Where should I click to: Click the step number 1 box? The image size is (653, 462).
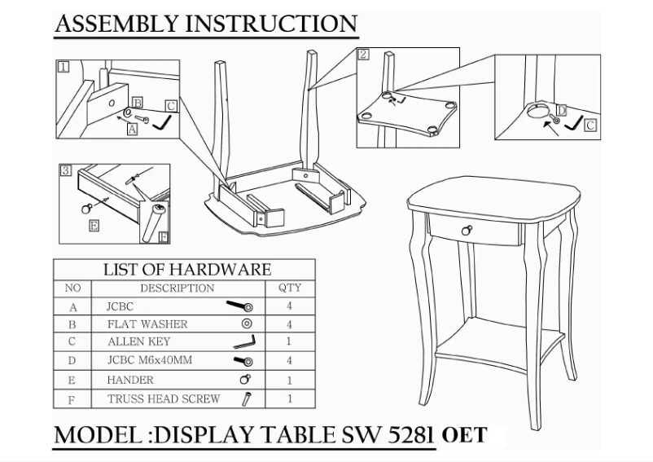[x=63, y=67]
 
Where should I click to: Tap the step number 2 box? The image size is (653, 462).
[x=364, y=54]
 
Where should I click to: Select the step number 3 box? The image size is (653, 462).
[x=66, y=170]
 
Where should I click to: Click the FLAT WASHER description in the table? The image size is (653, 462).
[x=147, y=324]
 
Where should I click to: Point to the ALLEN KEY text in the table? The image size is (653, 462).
[x=138, y=341]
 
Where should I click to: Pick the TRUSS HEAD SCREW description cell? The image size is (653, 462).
[x=164, y=398]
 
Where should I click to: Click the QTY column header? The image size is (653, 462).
[x=289, y=288]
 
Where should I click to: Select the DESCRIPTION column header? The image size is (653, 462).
[x=177, y=288]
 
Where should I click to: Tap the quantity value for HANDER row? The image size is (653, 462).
[x=289, y=380]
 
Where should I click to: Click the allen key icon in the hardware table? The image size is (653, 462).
[x=244, y=342]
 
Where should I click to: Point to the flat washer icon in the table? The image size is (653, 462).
[x=247, y=323]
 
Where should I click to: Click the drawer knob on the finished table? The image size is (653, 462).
[x=467, y=230]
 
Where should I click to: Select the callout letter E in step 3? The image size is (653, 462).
[x=94, y=226]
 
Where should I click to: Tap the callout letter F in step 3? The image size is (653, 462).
[x=164, y=237]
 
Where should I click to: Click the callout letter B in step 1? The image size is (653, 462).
[x=138, y=103]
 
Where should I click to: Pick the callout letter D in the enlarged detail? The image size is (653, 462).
[x=561, y=110]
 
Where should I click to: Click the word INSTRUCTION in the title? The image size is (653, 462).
[x=271, y=24]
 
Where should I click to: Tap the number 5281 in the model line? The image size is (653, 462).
[x=410, y=434]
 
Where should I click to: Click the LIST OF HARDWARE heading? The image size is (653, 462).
[x=187, y=270]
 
